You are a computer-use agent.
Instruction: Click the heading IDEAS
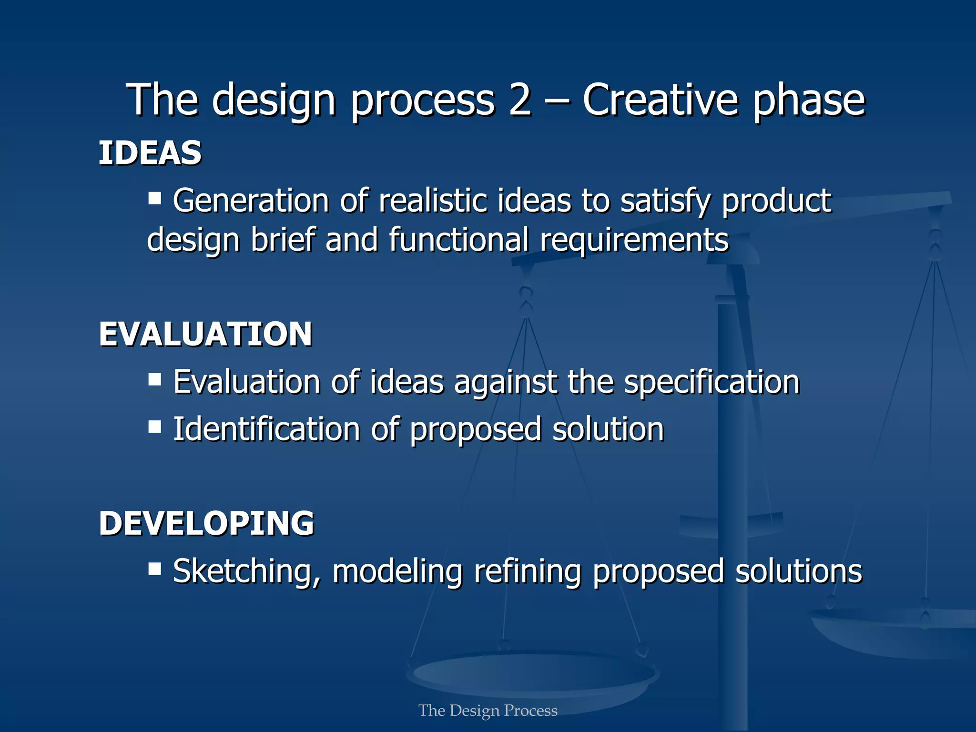pyautogui.click(x=150, y=153)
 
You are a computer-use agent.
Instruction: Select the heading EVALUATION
pyautogui.click(x=205, y=334)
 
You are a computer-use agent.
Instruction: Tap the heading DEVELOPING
pyautogui.click(x=206, y=523)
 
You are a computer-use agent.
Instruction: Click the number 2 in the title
pyautogui.click(x=519, y=100)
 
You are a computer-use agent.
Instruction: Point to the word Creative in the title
pyautogui.click(x=661, y=100)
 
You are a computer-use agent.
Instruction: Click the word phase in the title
pyautogui.click(x=809, y=101)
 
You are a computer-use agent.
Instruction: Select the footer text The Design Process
pyautogui.click(x=488, y=711)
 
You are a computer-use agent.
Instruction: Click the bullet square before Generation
pyautogui.click(x=154, y=198)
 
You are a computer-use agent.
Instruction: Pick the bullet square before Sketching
pyautogui.click(x=154, y=569)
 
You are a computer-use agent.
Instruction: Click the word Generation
pyautogui.click(x=251, y=201)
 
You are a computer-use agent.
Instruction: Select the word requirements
pyautogui.click(x=634, y=240)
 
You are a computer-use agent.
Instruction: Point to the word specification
pyautogui.click(x=712, y=383)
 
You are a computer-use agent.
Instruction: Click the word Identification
pyautogui.click(x=266, y=429)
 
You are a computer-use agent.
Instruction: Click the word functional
pyautogui.click(x=459, y=240)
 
